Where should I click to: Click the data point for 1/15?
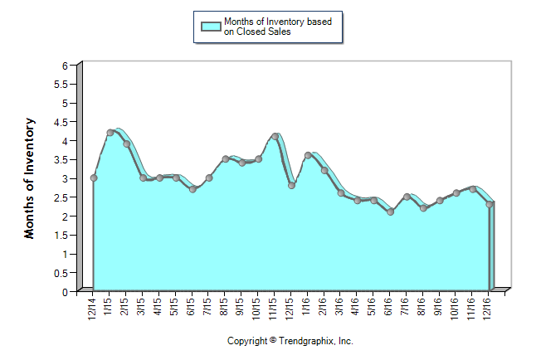point(110,133)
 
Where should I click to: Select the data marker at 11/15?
point(275,136)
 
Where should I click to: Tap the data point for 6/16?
point(390,212)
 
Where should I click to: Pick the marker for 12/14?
point(94,178)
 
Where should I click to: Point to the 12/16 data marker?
point(490,204)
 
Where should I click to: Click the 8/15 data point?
point(226,158)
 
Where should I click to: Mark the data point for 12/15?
point(291,185)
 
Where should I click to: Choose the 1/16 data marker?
point(308,155)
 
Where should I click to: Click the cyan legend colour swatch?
point(211,27)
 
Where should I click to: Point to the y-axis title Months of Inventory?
point(30,178)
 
